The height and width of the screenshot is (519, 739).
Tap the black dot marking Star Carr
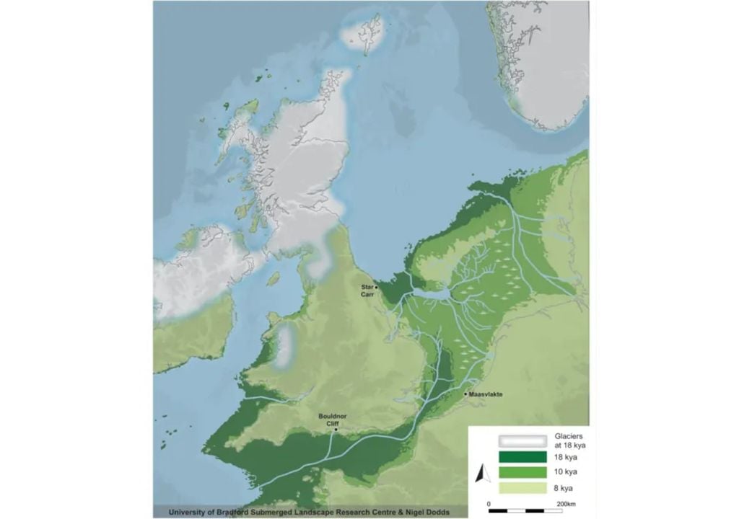[376, 287]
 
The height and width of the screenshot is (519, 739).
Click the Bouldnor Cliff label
[328, 420]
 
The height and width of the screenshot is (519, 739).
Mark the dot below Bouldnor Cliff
[336, 430]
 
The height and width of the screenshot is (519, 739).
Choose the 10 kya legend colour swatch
[522, 472]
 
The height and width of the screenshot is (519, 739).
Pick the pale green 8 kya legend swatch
[522, 487]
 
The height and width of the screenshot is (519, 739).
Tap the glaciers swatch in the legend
[522, 440]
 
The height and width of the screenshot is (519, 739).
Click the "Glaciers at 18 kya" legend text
[569, 440]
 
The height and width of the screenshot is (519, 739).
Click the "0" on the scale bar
[489, 502]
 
